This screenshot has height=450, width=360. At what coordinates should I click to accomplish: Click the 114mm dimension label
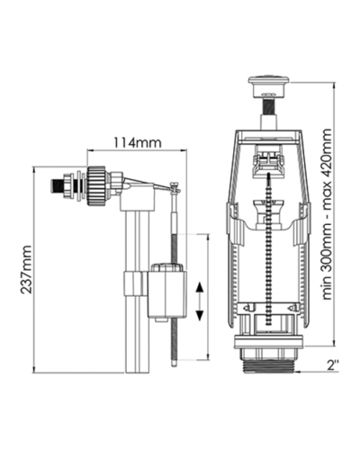137,142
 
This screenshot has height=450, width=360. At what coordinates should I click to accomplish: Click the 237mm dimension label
25,270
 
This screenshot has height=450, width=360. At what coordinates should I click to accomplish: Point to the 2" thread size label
333,365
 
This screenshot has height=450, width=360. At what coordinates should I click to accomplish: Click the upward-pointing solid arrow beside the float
200,288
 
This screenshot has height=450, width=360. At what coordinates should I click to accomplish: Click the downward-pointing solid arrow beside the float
200,314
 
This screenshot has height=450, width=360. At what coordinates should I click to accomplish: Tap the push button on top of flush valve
269,86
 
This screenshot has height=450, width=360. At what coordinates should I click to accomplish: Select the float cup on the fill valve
167,291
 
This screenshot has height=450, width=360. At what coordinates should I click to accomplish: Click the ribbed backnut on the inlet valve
96,186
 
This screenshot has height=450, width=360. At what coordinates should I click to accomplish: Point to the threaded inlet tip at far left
57,186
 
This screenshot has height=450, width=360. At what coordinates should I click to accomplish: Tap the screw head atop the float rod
174,185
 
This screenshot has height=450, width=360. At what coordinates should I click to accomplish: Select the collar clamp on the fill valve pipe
132,283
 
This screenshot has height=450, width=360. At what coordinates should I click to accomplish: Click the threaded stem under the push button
269,104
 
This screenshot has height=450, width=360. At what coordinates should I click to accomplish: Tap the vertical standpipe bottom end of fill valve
137,372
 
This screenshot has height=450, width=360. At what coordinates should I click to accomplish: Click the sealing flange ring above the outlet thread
268,343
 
